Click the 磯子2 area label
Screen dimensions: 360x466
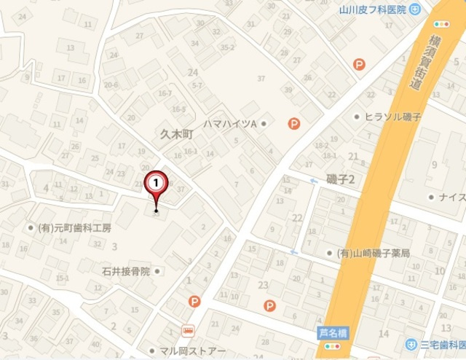tap(340, 180)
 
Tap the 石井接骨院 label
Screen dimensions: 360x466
tap(126, 271)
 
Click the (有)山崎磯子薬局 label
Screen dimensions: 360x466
tap(374, 254)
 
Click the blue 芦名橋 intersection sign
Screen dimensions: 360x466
tap(333, 332)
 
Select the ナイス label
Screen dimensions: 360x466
tap(452, 197)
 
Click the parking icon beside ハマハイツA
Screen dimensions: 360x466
tap(293, 124)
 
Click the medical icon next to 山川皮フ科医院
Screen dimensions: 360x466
tap(414, 9)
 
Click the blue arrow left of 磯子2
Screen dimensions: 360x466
tap(314, 181)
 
